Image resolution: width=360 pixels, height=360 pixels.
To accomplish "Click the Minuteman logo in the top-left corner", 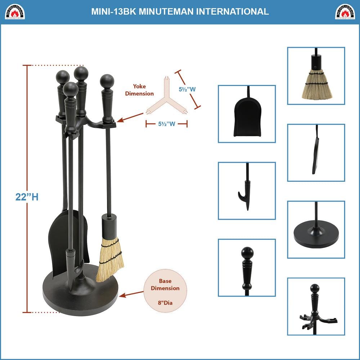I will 15,12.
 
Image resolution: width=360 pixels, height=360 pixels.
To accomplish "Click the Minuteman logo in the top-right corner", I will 345,12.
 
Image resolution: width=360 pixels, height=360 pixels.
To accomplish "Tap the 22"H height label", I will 27,197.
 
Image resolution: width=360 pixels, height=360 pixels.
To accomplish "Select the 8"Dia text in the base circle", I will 165,303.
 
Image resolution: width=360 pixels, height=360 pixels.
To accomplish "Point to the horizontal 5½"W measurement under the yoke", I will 166,124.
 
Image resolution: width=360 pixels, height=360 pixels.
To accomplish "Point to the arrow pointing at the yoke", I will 132,117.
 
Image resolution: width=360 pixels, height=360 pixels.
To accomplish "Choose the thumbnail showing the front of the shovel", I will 247,114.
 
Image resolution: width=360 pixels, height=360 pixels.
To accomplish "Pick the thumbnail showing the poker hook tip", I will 247,191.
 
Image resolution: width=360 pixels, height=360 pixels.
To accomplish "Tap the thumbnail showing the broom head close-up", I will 316,76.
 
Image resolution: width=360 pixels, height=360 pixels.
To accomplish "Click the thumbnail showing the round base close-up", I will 316,229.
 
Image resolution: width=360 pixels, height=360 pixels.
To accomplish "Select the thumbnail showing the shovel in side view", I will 316,153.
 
